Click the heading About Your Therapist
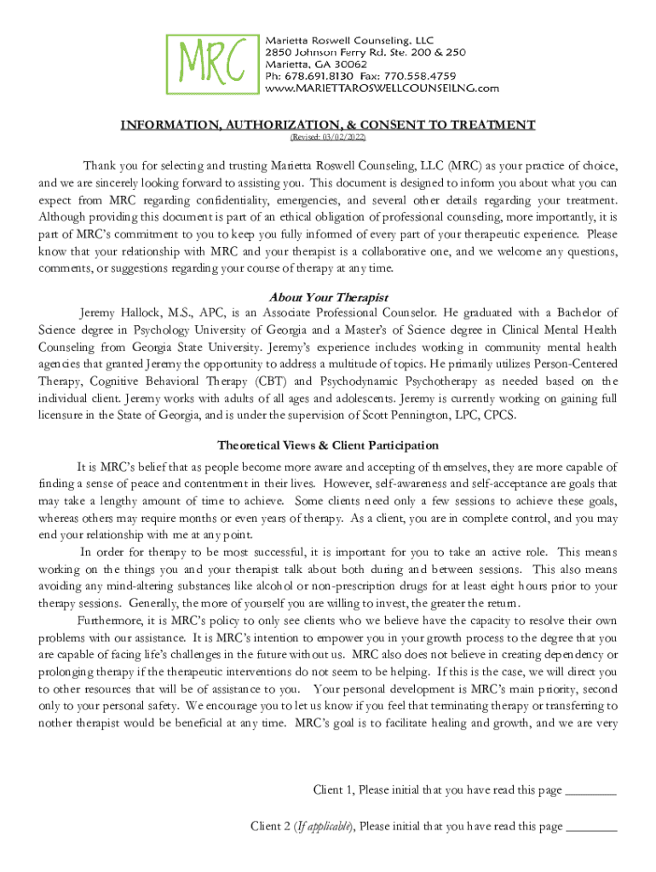click(x=328, y=297)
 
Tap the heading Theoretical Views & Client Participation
click(x=328, y=445)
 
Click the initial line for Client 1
click(x=590, y=791)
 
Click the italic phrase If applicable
click(x=325, y=826)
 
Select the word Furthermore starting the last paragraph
click(x=111, y=620)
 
